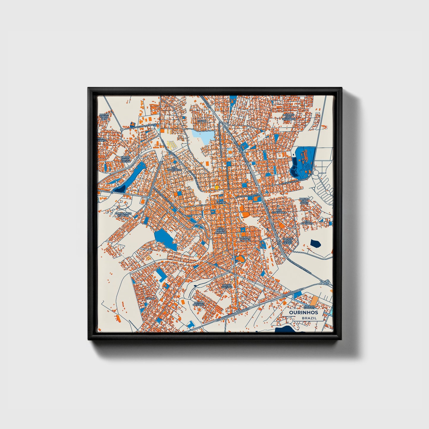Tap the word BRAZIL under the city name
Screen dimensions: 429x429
(309, 318)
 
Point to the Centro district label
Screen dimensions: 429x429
(221, 202)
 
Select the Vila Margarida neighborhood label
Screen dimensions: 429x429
(174, 169)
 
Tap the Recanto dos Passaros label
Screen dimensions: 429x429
(289, 117)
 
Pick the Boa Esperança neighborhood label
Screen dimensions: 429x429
(279, 211)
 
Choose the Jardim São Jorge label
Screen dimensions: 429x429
(304, 201)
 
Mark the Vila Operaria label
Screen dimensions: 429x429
(307, 222)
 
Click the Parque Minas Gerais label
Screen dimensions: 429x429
(288, 240)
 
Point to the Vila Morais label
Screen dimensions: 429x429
(245, 238)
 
